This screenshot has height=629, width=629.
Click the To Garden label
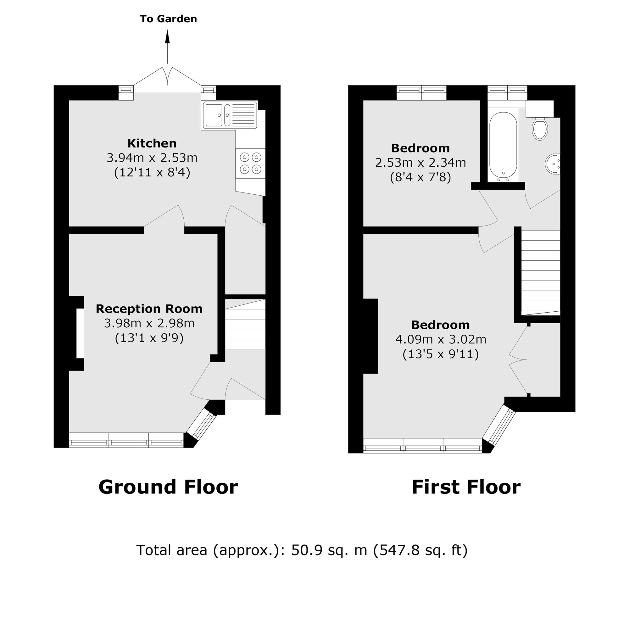[x=168, y=19]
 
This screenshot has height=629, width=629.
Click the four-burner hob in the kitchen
[x=250, y=163]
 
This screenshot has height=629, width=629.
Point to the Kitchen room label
[x=152, y=143]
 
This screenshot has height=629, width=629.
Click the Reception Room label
[x=149, y=309]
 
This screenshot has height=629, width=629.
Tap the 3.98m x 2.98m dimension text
[x=149, y=323]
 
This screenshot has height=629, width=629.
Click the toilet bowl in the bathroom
[x=540, y=129]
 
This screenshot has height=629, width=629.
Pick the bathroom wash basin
[x=553, y=164]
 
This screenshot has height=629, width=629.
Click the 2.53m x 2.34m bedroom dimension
[x=420, y=163]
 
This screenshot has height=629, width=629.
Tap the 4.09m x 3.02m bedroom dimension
[x=441, y=340]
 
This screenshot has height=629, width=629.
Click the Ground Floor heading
[x=168, y=487]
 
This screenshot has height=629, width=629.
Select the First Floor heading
[x=466, y=487]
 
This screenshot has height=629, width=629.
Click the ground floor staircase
[x=245, y=324]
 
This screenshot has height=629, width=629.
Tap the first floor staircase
[x=540, y=272]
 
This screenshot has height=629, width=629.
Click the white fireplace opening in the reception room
[x=80, y=333]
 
